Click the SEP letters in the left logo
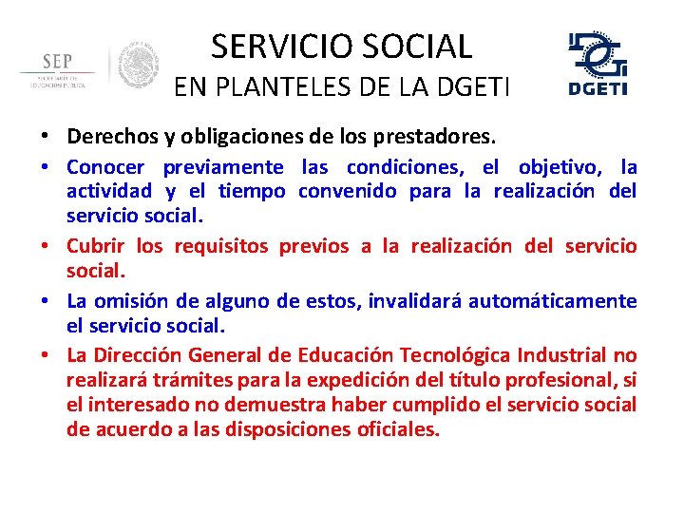pyautogui.click(x=57, y=61)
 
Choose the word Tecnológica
pyautogui.click(x=455, y=356)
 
